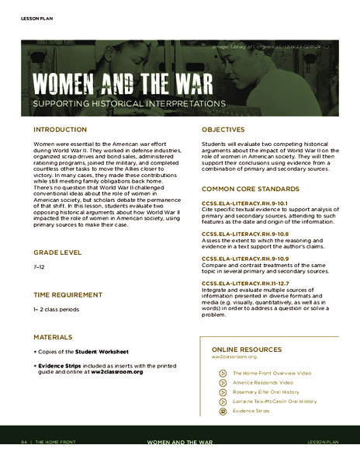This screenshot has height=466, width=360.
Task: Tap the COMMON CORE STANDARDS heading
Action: click(x=250, y=189)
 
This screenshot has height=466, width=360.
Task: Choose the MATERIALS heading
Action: click(x=53, y=337)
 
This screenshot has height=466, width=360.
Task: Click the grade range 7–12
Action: click(x=39, y=266)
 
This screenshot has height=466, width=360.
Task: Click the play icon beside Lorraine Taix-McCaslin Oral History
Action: click(x=223, y=402)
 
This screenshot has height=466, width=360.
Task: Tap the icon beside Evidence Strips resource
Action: click(x=223, y=411)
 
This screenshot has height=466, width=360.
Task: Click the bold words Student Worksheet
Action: click(x=96, y=353)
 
